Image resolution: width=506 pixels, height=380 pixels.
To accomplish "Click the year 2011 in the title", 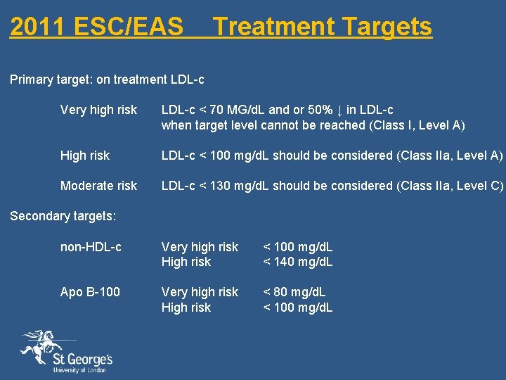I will [35, 27].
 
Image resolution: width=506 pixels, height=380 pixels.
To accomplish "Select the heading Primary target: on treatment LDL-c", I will [107, 80].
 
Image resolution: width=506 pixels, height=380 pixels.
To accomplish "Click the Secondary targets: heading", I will [63, 216].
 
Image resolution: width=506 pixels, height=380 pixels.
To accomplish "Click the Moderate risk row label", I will [98, 186].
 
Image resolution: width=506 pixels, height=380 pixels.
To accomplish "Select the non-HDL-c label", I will [91, 247].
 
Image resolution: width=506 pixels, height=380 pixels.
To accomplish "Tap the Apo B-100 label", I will [90, 292].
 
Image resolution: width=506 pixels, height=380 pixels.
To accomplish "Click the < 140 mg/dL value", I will [298, 262].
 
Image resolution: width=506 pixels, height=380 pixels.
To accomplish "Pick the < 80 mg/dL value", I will [294, 292].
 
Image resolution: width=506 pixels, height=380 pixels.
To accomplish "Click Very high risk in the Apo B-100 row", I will [200, 292].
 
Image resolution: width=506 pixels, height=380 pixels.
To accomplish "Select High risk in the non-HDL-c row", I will [186, 262].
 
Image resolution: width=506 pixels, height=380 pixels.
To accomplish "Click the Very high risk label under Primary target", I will [98, 110].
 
